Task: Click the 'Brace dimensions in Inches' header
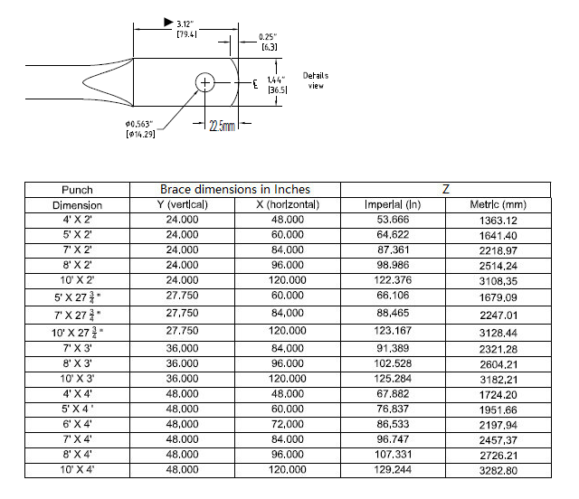point(234,190)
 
